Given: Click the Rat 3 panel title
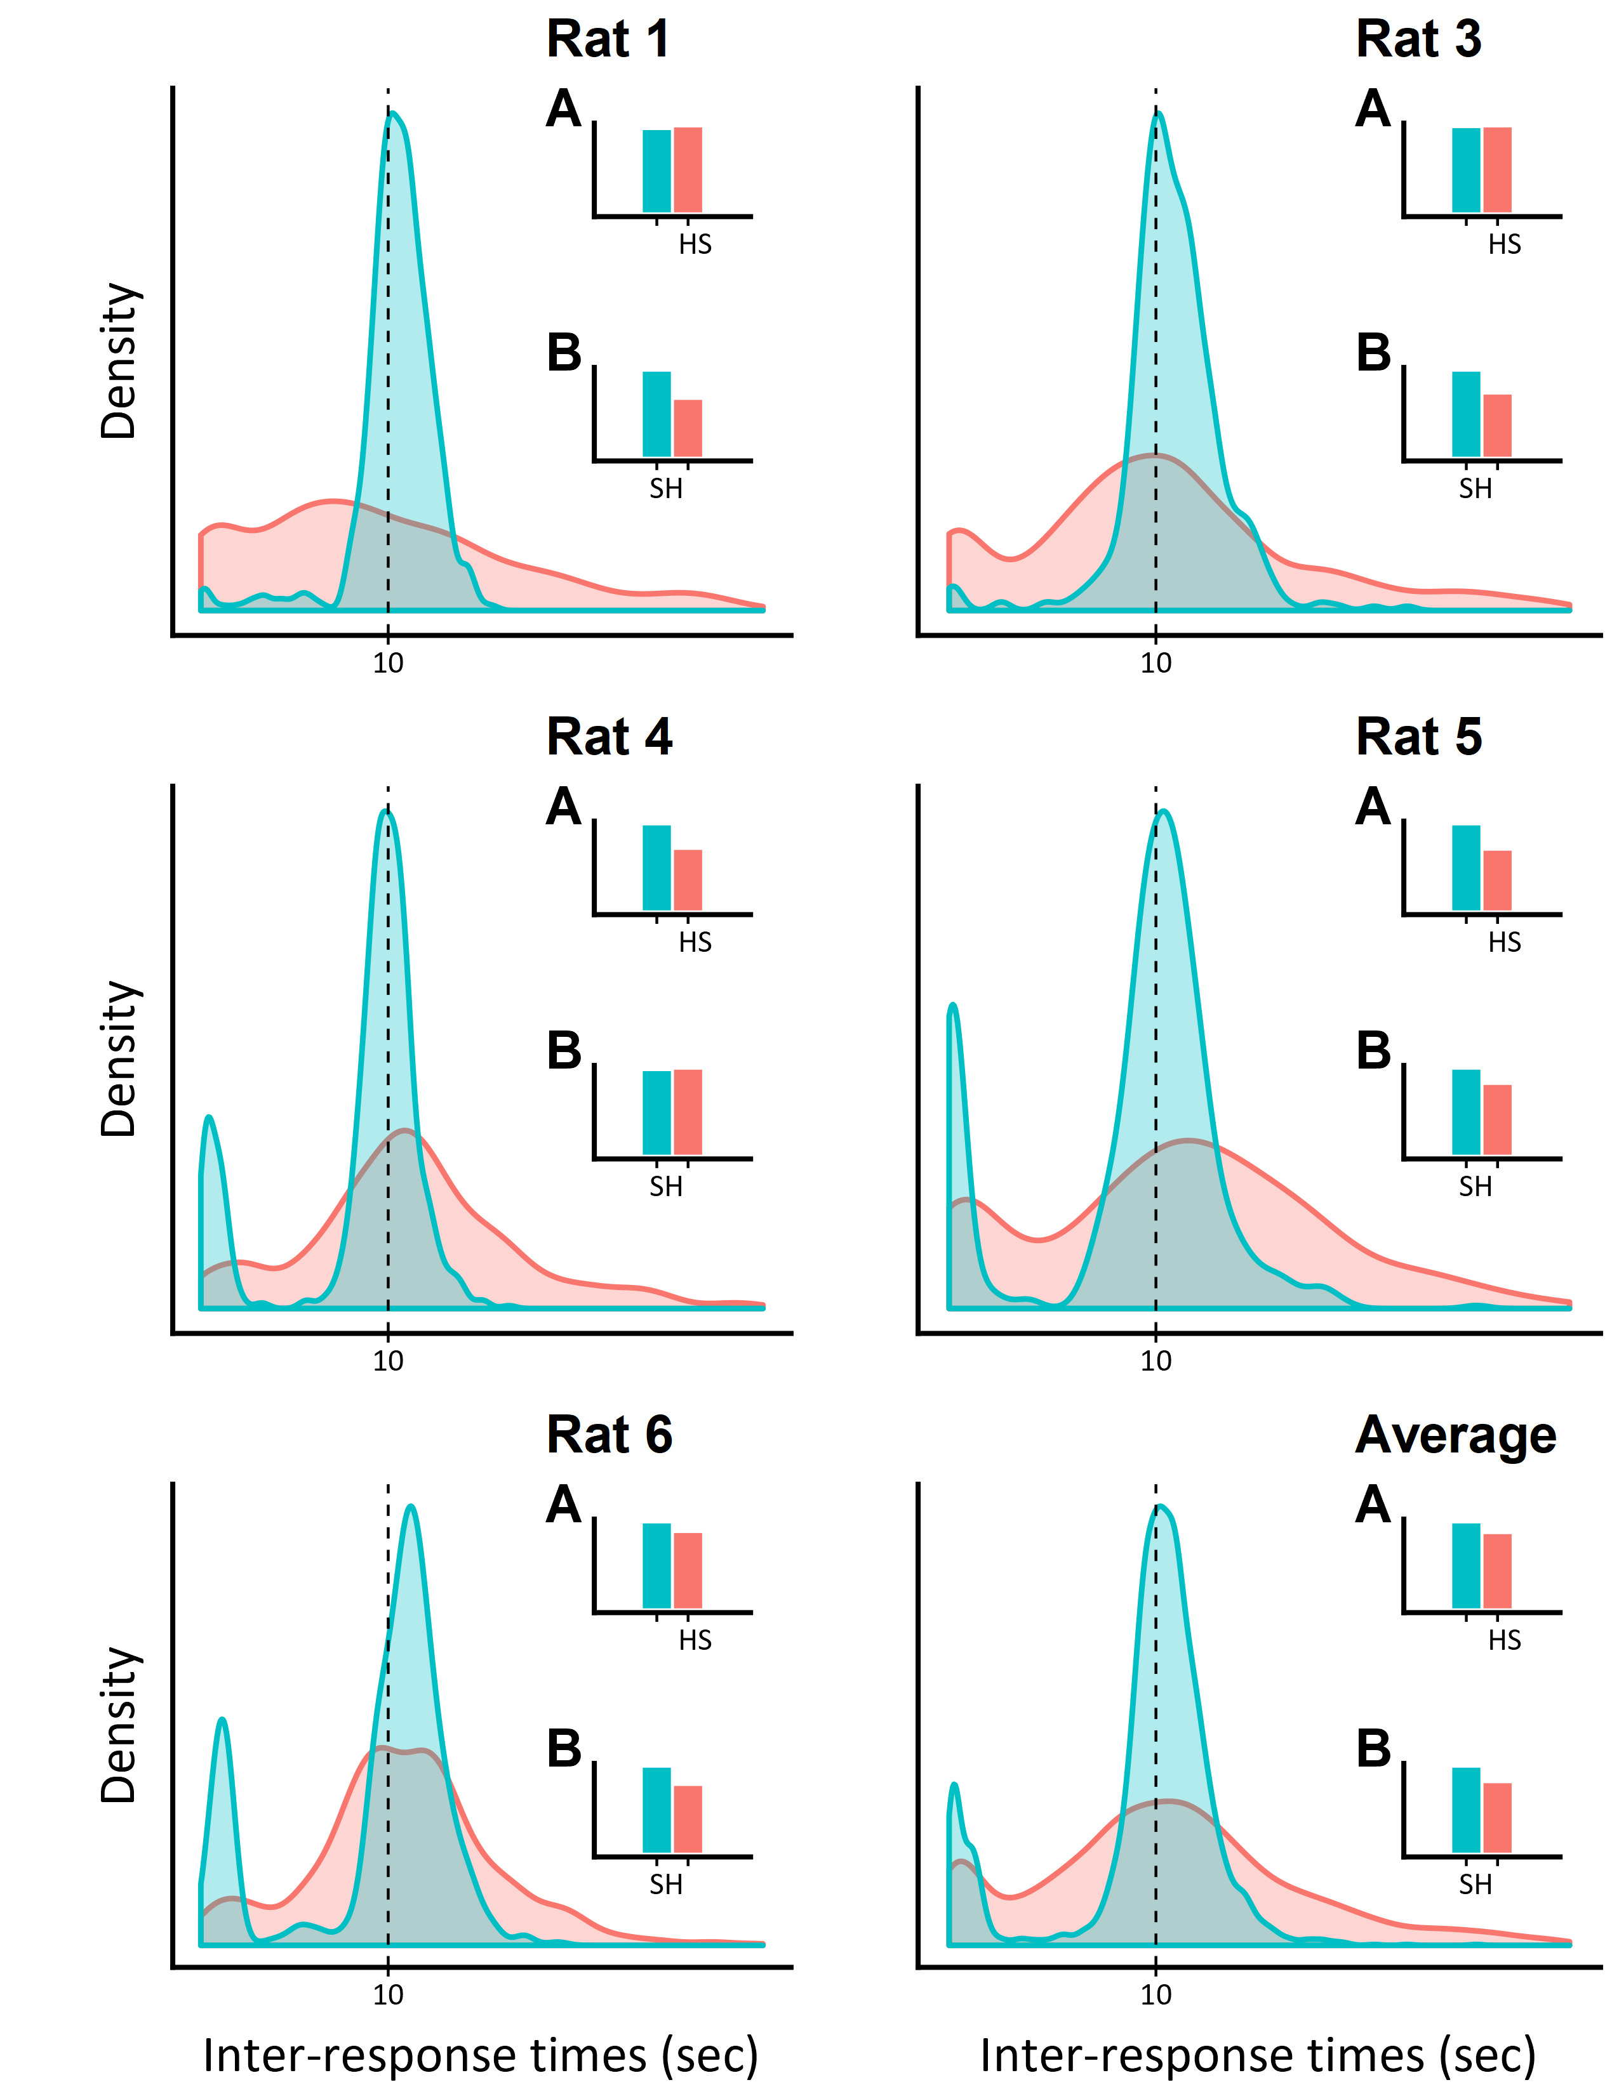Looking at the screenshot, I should (x=1418, y=40).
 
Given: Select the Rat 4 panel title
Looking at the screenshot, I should (x=609, y=737).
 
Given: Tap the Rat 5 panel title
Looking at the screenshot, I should (x=1418, y=737).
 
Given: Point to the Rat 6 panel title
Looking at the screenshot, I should (x=609, y=1435).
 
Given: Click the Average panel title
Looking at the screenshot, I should (x=1455, y=1435).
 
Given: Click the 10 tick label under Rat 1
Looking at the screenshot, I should (x=387, y=662).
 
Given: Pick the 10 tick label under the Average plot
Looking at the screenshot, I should (x=1156, y=1995).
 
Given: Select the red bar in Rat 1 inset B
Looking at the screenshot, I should (x=688, y=428).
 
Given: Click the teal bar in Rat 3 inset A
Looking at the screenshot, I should (x=1465, y=171).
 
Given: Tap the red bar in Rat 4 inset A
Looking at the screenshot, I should (x=688, y=879).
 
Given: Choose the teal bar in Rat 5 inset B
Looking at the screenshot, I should (x=1465, y=1112).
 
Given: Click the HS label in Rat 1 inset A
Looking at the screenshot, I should (x=695, y=244).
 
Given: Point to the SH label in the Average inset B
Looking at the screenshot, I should (x=1475, y=1885).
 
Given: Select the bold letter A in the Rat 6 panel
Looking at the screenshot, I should (x=564, y=1505).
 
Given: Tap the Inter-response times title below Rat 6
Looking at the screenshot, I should (x=481, y=2056).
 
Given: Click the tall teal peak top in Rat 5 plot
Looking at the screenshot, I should (x=1163, y=812).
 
